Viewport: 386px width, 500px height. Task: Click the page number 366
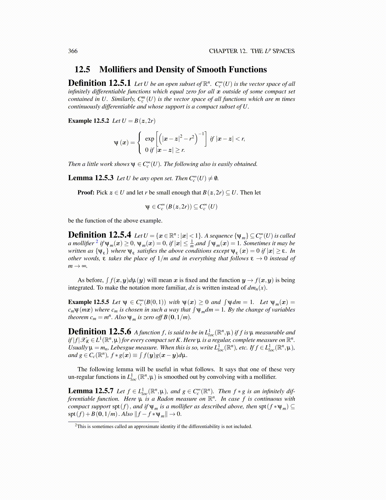tap(73, 51)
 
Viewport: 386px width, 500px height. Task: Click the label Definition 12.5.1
tap(99, 83)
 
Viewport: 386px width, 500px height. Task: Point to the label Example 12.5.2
tap(89, 121)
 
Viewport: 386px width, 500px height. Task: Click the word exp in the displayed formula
tap(149, 139)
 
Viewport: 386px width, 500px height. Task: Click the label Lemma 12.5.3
tap(91, 178)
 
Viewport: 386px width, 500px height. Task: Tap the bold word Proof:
tap(86, 193)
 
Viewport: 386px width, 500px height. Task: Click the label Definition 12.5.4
tap(99, 235)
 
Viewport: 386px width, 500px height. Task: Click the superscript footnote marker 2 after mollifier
tap(97, 242)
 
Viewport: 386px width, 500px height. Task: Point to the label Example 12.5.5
tap(89, 302)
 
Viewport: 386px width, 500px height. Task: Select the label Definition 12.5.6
tap(99, 332)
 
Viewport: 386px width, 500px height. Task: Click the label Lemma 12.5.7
tap(91, 391)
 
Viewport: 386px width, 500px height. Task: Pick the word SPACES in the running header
tap(284, 51)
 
